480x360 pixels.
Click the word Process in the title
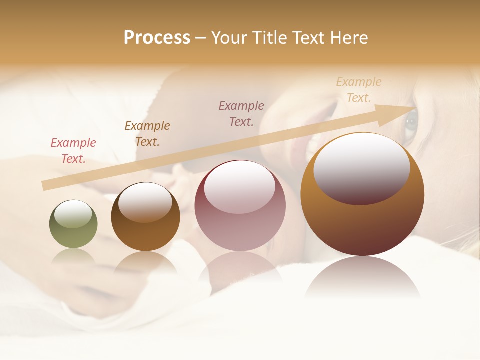[157, 38]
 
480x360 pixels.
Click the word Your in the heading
[229, 38]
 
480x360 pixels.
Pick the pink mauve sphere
[240, 220]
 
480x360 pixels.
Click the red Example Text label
[73, 151]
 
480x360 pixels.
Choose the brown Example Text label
[147, 134]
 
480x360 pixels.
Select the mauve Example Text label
[241, 114]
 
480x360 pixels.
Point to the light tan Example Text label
[359, 90]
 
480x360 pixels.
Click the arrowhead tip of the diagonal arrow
[414, 108]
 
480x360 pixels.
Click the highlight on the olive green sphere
[73, 213]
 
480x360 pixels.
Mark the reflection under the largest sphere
[362, 277]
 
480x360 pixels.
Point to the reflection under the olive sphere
[73, 258]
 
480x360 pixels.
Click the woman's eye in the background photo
[411, 121]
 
